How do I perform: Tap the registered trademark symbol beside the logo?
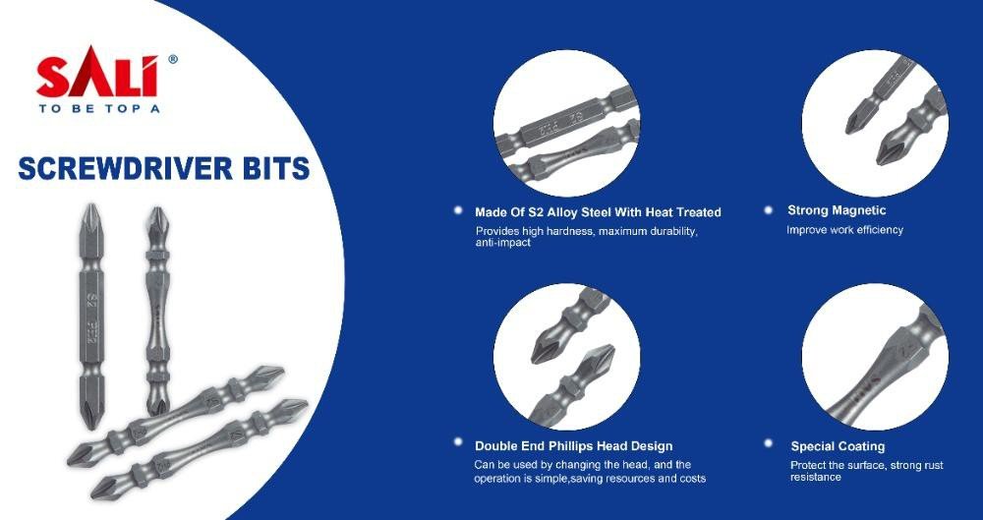(173, 60)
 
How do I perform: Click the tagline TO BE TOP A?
(99, 108)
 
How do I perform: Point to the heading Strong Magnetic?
(837, 210)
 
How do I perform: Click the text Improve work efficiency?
(844, 230)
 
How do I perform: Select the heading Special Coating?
(838, 446)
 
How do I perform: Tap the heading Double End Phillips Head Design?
(574, 446)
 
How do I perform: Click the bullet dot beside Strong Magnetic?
(768, 210)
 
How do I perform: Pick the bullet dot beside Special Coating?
(768, 443)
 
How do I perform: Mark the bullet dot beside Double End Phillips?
(458, 442)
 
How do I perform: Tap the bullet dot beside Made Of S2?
(458, 210)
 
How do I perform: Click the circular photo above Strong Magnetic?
(875, 123)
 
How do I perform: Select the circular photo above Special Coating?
(875, 356)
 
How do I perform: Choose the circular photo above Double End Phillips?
(567, 356)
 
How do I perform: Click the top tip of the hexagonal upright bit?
(91, 204)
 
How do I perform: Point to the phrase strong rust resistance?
(866, 471)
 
